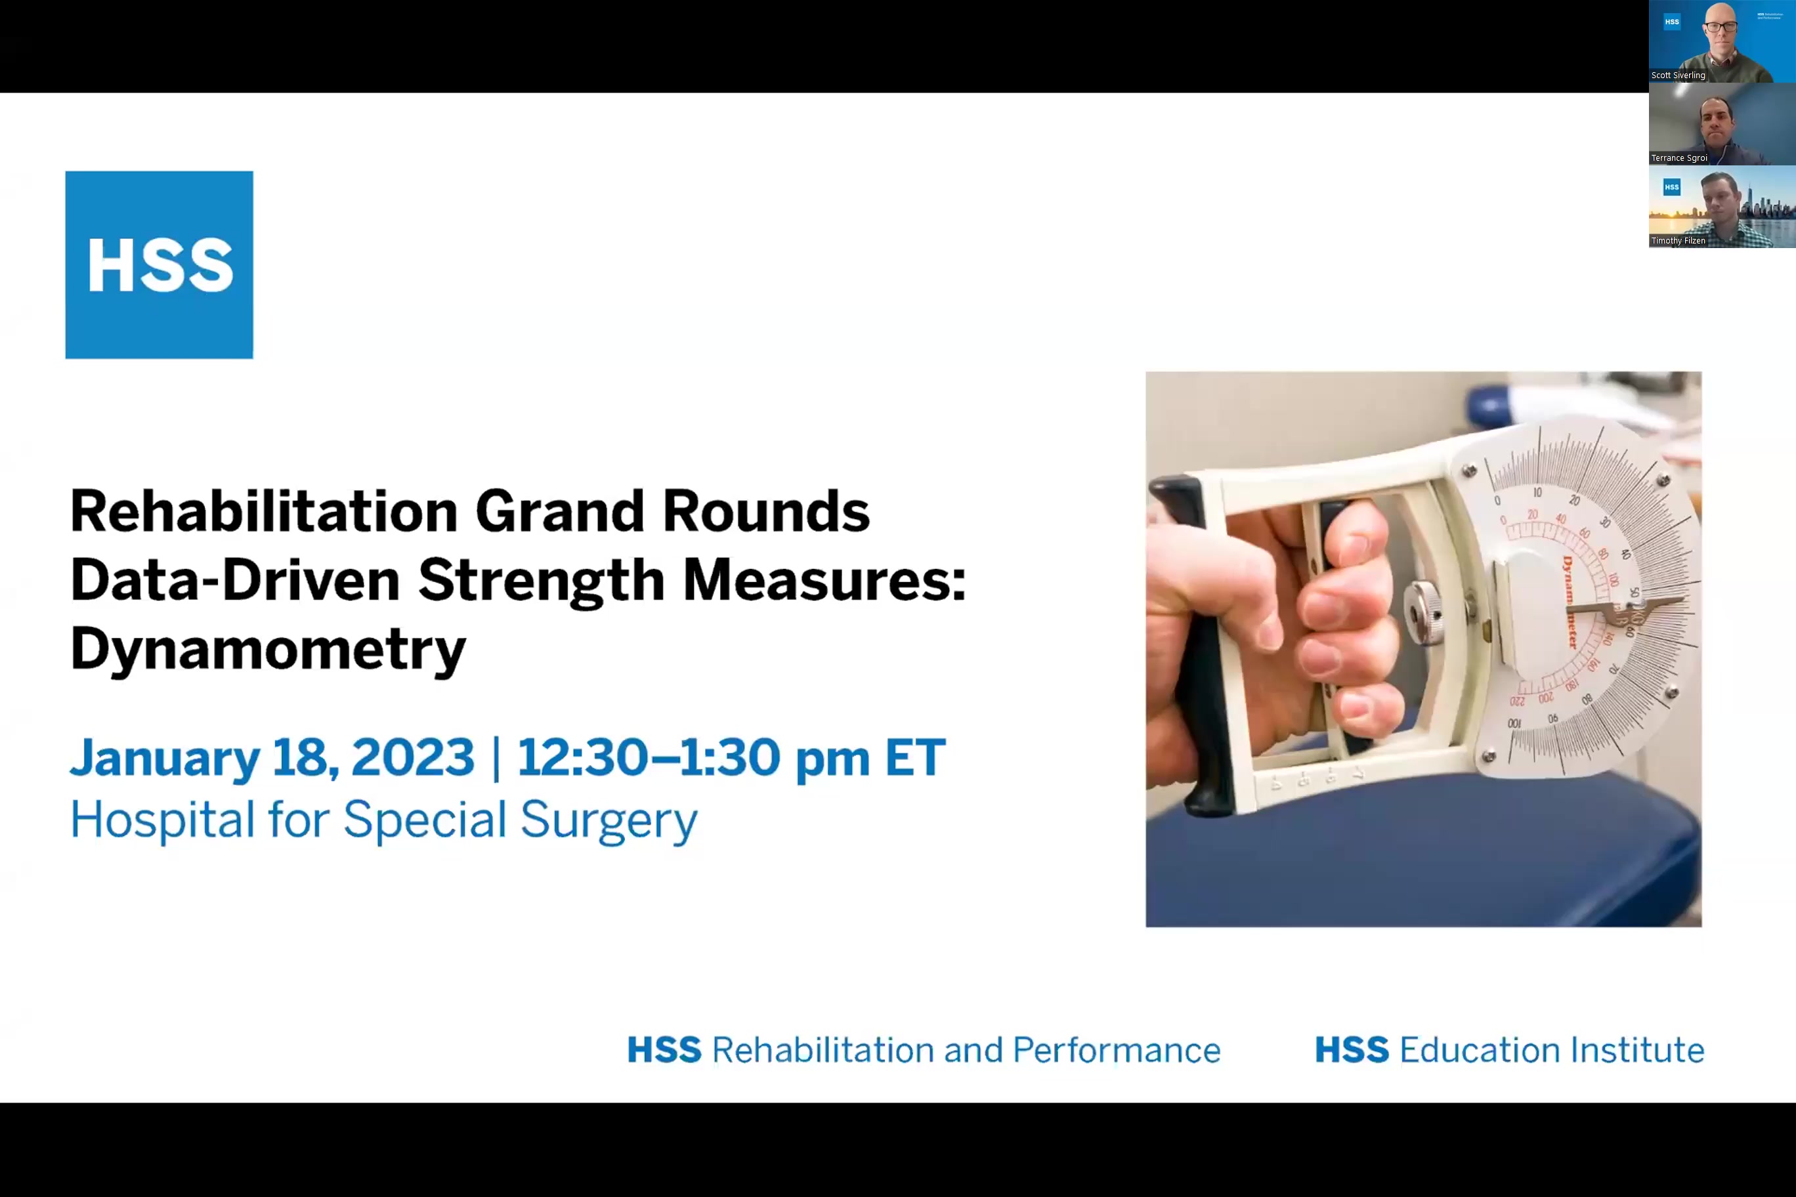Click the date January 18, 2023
[x=271, y=757]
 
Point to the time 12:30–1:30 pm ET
[x=731, y=757]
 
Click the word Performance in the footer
[x=1116, y=1049]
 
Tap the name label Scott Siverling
[x=1678, y=75]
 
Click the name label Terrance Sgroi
[x=1678, y=158]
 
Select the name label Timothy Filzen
[x=1678, y=240]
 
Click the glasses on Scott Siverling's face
[x=1721, y=27]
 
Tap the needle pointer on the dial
[x=1627, y=607]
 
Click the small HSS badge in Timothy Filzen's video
[x=1671, y=187]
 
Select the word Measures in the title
[x=824, y=579]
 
